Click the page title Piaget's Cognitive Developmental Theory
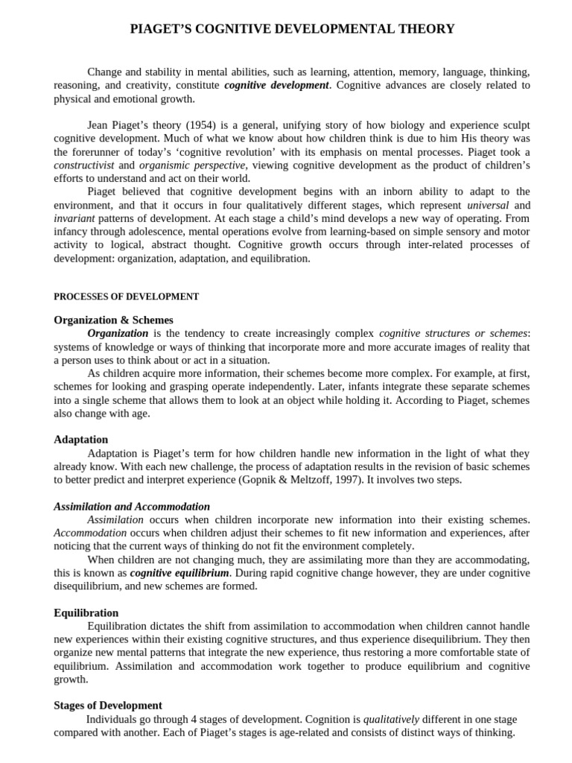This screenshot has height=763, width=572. [x=292, y=29]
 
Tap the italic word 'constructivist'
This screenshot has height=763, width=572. [x=84, y=165]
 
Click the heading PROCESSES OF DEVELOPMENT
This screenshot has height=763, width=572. [x=126, y=297]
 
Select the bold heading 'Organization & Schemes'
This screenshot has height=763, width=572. [x=113, y=320]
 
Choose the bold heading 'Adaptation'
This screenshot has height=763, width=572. [x=80, y=440]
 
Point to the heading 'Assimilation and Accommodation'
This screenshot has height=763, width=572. [x=132, y=507]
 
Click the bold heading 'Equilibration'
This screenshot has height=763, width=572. [x=86, y=612]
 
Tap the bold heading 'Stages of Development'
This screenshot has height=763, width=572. [x=108, y=706]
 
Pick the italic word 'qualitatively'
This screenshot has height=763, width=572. [x=391, y=719]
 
